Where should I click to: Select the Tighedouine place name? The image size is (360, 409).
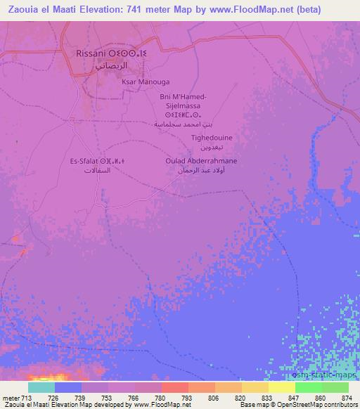[x=212, y=138]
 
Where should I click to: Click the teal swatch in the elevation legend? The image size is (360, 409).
[x=41, y=387]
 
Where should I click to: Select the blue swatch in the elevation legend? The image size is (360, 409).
[x=68, y=387]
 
